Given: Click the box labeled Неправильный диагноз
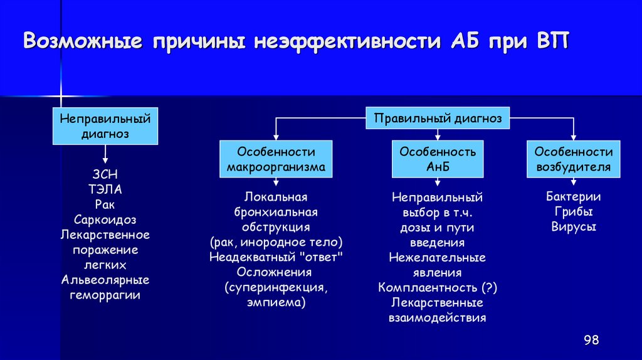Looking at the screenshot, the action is (x=105, y=125).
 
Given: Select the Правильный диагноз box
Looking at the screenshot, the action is (x=438, y=119).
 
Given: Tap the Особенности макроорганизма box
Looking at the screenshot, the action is (x=276, y=159).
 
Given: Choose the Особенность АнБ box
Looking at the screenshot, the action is (x=438, y=159).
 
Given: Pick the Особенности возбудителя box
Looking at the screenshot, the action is (x=573, y=159).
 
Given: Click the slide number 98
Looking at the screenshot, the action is (x=591, y=340).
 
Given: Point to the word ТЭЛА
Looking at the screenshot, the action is (x=105, y=189).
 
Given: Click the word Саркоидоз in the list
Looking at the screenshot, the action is (x=105, y=220).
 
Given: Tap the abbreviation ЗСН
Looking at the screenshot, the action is (x=105, y=174).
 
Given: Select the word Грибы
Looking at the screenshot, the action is (x=573, y=211).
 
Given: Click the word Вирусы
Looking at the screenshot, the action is (x=573, y=226).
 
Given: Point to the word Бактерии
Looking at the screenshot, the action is (x=573, y=196).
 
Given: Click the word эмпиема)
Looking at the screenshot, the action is (x=276, y=302).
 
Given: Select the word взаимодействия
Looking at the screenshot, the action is (x=438, y=318).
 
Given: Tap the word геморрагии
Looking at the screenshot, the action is (x=105, y=295).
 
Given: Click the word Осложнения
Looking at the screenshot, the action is (x=276, y=272).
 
